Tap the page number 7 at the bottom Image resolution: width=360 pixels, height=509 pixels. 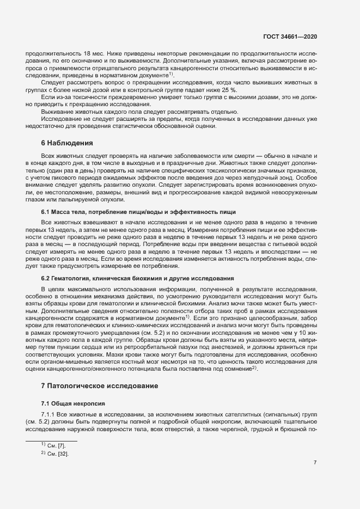pos(315,463)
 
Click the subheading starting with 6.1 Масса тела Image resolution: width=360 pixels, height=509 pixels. pos(138,211)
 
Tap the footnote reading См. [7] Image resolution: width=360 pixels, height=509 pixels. pos(55,446)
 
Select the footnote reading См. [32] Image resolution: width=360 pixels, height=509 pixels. pos(56,453)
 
